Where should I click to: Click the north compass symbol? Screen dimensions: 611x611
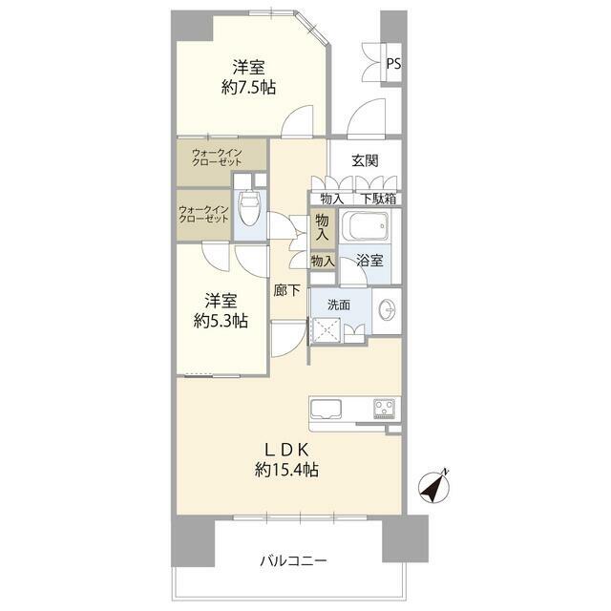pyautogui.click(x=433, y=487)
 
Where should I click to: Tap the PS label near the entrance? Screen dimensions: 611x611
pyautogui.click(x=393, y=64)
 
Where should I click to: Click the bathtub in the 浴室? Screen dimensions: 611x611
pyautogui.click(x=365, y=226)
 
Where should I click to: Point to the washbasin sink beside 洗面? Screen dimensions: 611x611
pyautogui.click(x=387, y=310)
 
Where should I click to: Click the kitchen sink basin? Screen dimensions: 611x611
pyautogui.click(x=326, y=409)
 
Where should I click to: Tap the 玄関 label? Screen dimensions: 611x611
pyautogui.click(x=365, y=160)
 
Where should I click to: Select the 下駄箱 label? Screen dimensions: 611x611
pyautogui.click(x=379, y=200)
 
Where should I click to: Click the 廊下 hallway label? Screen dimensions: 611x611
pyautogui.click(x=286, y=290)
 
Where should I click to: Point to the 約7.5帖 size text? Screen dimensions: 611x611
pyautogui.click(x=248, y=88)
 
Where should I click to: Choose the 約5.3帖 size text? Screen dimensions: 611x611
pyautogui.click(x=221, y=321)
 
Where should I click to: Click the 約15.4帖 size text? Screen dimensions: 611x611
pyautogui.click(x=286, y=470)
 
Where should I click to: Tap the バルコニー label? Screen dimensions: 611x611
pyautogui.click(x=293, y=561)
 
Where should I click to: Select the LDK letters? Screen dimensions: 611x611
pyautogui.click(x=287, y=450)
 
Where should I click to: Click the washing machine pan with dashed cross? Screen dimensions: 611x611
pyautogui.click(x=327, y=330)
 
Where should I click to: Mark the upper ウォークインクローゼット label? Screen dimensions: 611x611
pyautogui.click(x=217, y=157)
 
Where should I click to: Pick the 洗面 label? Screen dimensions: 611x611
pyautogui.click(x=339, y=305)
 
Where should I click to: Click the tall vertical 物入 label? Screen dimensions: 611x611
pyautogui.click(x=323, y=227)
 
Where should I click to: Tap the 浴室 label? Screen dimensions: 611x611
pyautogui.click(x=369, y=261)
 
